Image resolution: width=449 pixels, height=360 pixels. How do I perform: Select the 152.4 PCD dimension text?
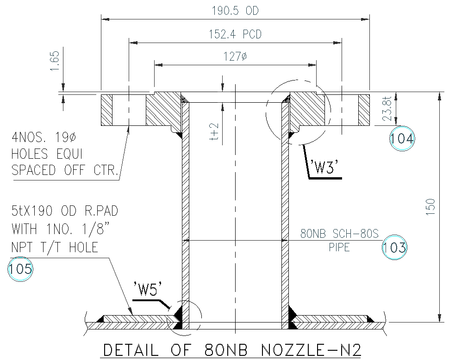[x=236, y=34]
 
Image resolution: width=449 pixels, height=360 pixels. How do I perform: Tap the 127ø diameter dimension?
[x=236, y=57]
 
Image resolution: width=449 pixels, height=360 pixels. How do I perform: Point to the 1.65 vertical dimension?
[x=55, y=61]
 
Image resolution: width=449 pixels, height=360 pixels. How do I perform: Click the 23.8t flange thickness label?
[x=388, y=109]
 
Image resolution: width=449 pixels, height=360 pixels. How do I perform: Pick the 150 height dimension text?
[x=431, y=207]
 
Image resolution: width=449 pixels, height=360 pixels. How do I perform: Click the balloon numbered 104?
[x=402, y=138]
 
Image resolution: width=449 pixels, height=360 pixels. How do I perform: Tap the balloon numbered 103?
[x=394, y=248]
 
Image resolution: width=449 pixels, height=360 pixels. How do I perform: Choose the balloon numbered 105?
[x=20, y=268]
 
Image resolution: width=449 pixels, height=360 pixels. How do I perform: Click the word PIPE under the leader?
[x=339, y=248]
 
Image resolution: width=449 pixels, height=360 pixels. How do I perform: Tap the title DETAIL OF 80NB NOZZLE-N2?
[x=231, y=349]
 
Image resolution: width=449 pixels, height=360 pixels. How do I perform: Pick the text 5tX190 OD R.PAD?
[x=64, y=211]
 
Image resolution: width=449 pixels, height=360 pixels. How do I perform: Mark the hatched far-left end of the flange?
[x=106, y=110]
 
